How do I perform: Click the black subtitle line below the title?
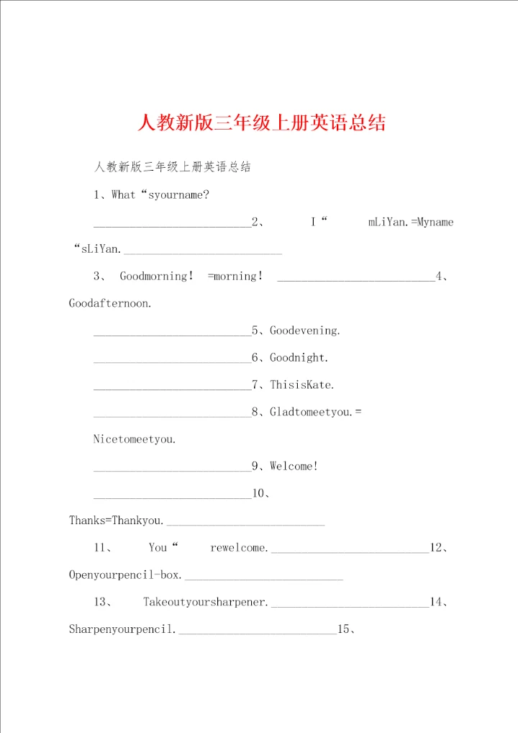(x=172, y=167)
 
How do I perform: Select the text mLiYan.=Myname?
(x=411, y=222)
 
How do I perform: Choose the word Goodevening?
(x=305, y=330)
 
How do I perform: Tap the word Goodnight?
(x=299, y=357)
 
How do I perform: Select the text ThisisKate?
(x=302, y=385)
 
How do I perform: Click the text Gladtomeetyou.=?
(x=316, y=412)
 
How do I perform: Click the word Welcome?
(x=294, y=466)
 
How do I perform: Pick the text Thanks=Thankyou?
(x=117, y=520)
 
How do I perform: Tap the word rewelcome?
(x=239, y=547)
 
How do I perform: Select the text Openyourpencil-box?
(x=126, y=575)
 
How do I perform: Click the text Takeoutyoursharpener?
(x=206, y=602)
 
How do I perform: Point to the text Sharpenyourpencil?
(x=123, y=629)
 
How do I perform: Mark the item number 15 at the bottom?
(x=343, y=629)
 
